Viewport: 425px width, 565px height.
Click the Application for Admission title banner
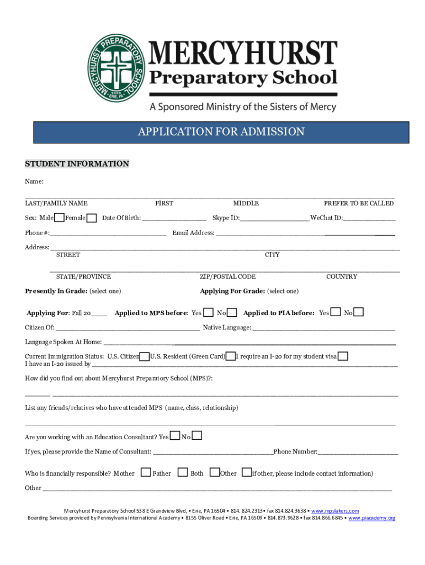pyautogui.click(x=221, y=132)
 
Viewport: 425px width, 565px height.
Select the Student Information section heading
pyautogui.click(x=77, y=164)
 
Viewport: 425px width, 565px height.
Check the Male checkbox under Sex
pyautogui.click(x=60, y=218)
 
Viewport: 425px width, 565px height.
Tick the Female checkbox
pyautogui.click(x=92, y=218)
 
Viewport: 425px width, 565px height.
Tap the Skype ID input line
pyautogui.click(x=274, y=218)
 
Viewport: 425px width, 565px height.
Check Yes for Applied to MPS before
pyautogui.click(x=209, y=313)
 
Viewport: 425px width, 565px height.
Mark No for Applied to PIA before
pyautogui.click(x=359, y=313)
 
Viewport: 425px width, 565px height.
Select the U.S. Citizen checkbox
pyautogui.click(x=145, y=356)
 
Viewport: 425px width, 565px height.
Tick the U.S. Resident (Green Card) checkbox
pyautogui.click(x=231, y=356)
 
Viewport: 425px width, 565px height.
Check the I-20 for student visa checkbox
pyautogui.click(x=343, y=356)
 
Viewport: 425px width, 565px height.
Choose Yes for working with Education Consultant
pyautogui.click(x=176, y=436)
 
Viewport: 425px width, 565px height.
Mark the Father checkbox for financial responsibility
pyautogui.click(x=146, y=473)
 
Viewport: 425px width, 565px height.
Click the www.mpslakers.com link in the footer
pyautogui.click(x=335, y=511)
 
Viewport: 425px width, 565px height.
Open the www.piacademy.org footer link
pyautogui.click(x=371, y=518)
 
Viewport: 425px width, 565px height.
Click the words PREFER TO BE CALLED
pyautogui.click(x=359, y=204)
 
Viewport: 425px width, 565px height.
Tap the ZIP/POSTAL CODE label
pyautogui.click(x=227, y=276)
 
